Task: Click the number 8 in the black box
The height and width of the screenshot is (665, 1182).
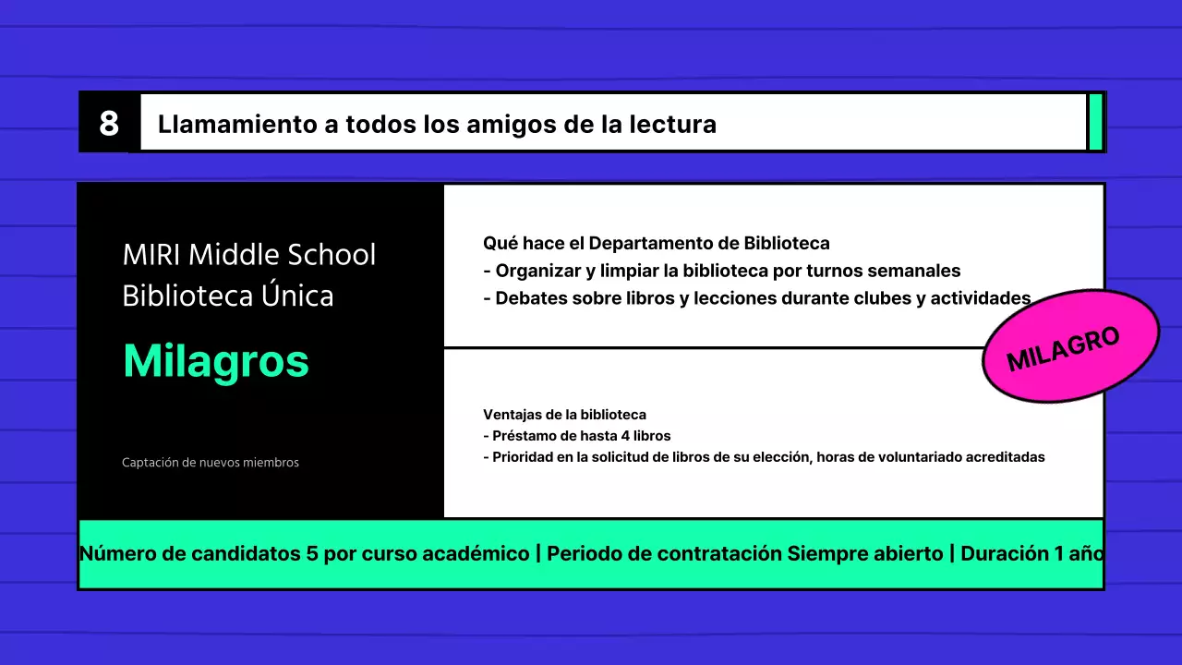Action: (109, 123)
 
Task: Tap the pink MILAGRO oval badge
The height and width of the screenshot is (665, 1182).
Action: (1070, 346)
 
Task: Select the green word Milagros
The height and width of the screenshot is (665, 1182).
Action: (216, 361)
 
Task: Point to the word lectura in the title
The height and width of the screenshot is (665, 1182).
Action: (671, 124)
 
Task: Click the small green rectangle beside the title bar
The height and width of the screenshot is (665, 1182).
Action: (1095, 121)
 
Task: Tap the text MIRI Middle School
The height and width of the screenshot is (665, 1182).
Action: (249, 255)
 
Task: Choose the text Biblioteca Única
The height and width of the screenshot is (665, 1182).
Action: (228, 296)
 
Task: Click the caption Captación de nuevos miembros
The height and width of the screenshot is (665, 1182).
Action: (211, 463)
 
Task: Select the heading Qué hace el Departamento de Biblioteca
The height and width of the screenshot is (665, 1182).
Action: (657, 244)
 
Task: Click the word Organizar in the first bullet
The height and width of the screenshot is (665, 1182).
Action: (540, 272)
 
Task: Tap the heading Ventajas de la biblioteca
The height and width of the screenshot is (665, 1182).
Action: (564, 415)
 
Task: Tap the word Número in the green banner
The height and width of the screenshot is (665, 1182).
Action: (113, 554)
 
